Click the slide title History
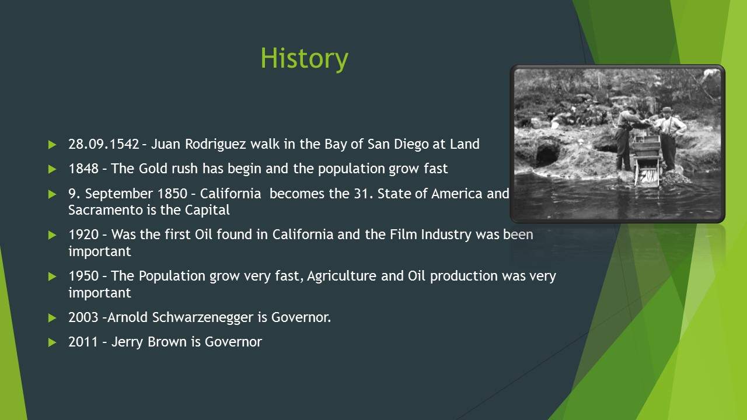tap(304, 59)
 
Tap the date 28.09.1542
tap(104, 144)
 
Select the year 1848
tap(83, 169)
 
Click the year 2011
tap(83, 342)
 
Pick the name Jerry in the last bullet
tap(127, 342)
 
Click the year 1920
tap(83, 235)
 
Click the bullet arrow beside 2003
tap(53, 318)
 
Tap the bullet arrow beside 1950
tap(53, 276)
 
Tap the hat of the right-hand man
tap(666, 110)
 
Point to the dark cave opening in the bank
tap(547, 153)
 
